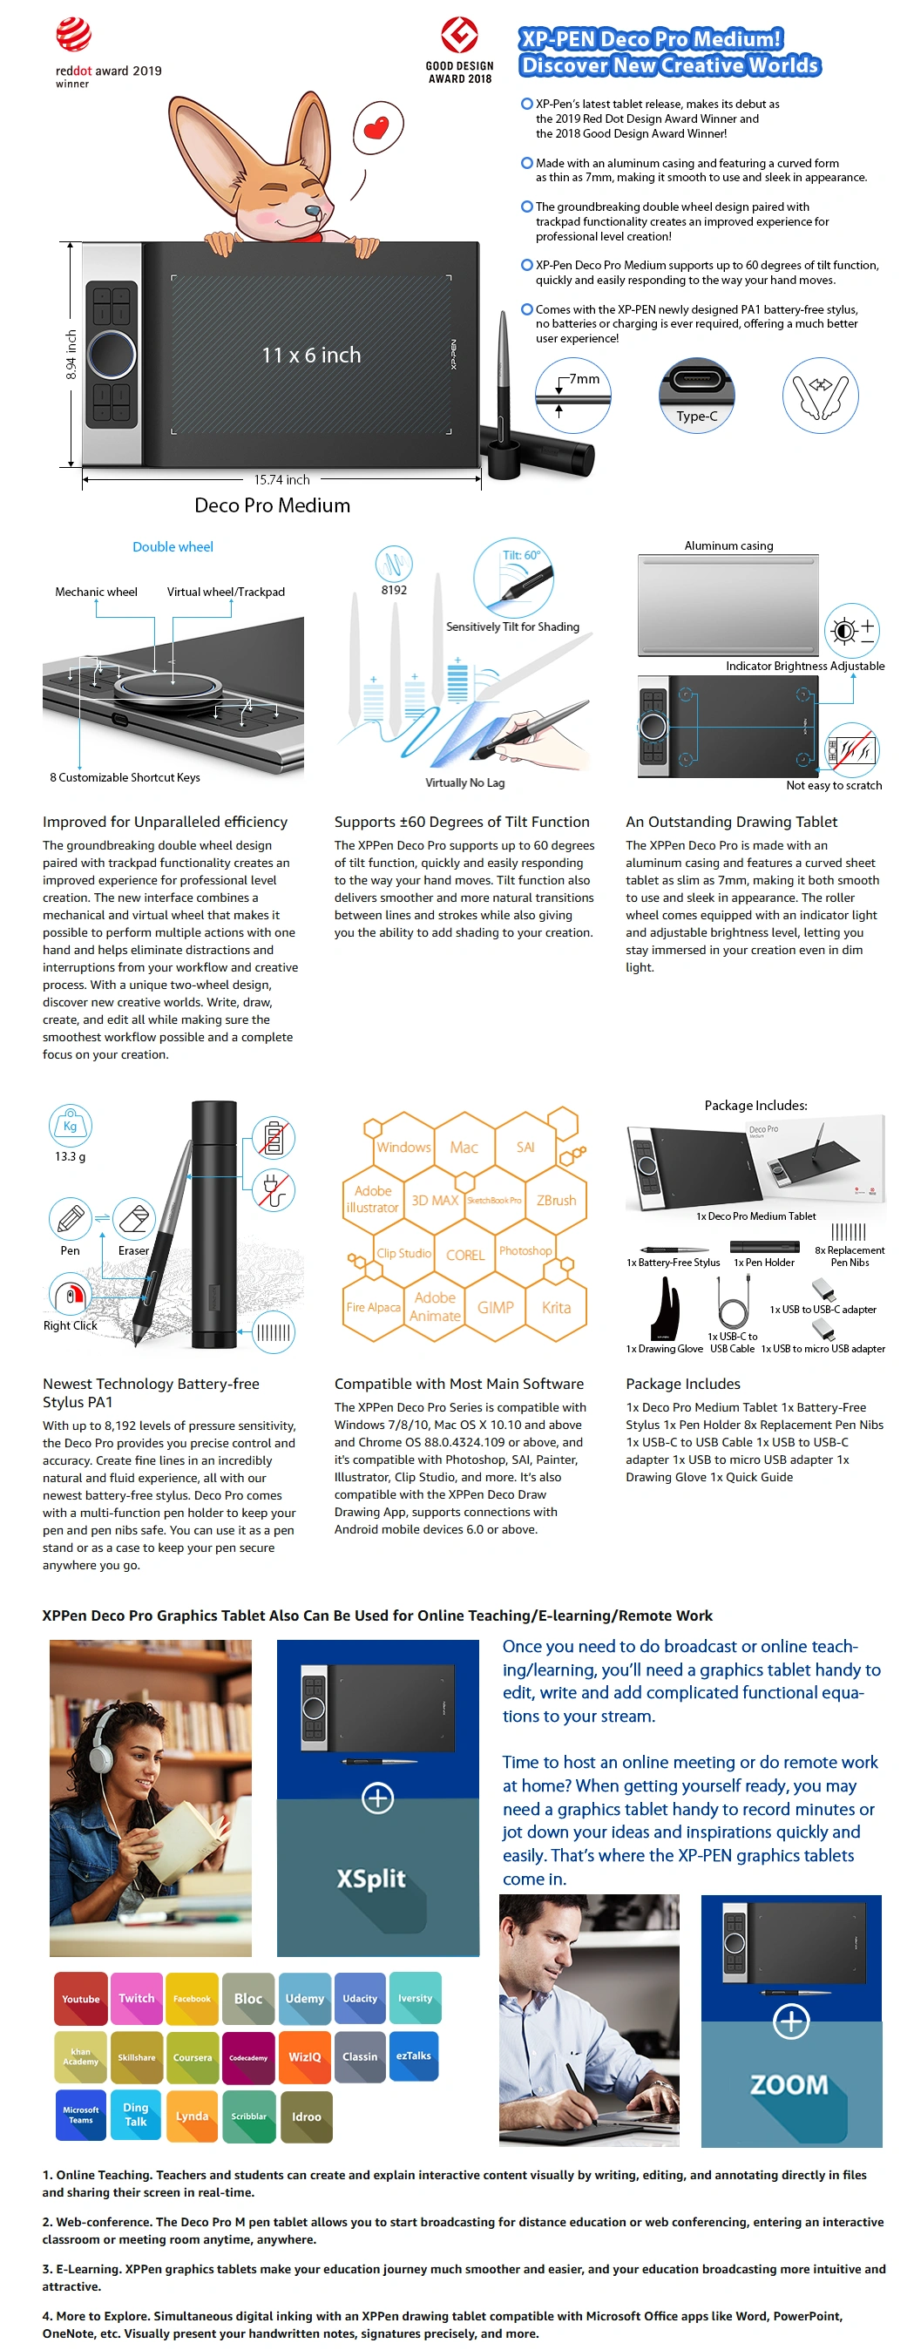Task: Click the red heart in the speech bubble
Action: (376, 125)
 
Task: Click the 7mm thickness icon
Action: (572, 395)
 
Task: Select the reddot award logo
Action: (74, 36)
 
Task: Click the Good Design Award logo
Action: (459, 36)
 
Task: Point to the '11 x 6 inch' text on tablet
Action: (311, 355)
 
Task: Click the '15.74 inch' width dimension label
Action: (281, 480)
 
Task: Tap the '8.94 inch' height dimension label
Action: (71, 355)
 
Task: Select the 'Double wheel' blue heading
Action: (173, 546)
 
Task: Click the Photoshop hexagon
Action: (525, 1250)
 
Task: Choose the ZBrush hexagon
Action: (556, 1200)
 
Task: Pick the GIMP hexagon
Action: (495, 1307)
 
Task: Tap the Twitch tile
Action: (136, 1998)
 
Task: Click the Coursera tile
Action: (193, 2057)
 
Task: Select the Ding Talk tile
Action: (136, 2115)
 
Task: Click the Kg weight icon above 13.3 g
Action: (71, 1125)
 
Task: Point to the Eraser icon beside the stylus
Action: (134, 1218)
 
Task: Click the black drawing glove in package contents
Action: (666, 1309)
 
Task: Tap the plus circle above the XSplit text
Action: (377, 1798)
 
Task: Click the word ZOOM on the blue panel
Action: (789, 2084)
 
